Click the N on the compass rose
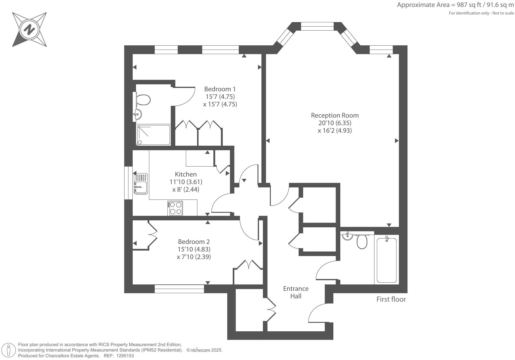pos(29,29)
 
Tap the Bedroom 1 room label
pos(220,89)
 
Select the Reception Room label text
pos(335,115)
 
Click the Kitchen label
pos(186,174)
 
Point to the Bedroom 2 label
pos(194,242)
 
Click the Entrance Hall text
pos(296,292)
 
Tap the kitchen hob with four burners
pos(175,208)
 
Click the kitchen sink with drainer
pos(141,184)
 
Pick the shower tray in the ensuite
pos(153,135)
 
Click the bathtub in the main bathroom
pos(387,260)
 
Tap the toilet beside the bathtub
pos(362,242)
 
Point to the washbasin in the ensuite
pos(138,114)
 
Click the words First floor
pos(391,299)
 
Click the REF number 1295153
pos(125,356)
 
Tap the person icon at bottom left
pos(9,350)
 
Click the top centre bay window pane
pos(317,26)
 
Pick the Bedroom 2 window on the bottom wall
pos(179,289)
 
